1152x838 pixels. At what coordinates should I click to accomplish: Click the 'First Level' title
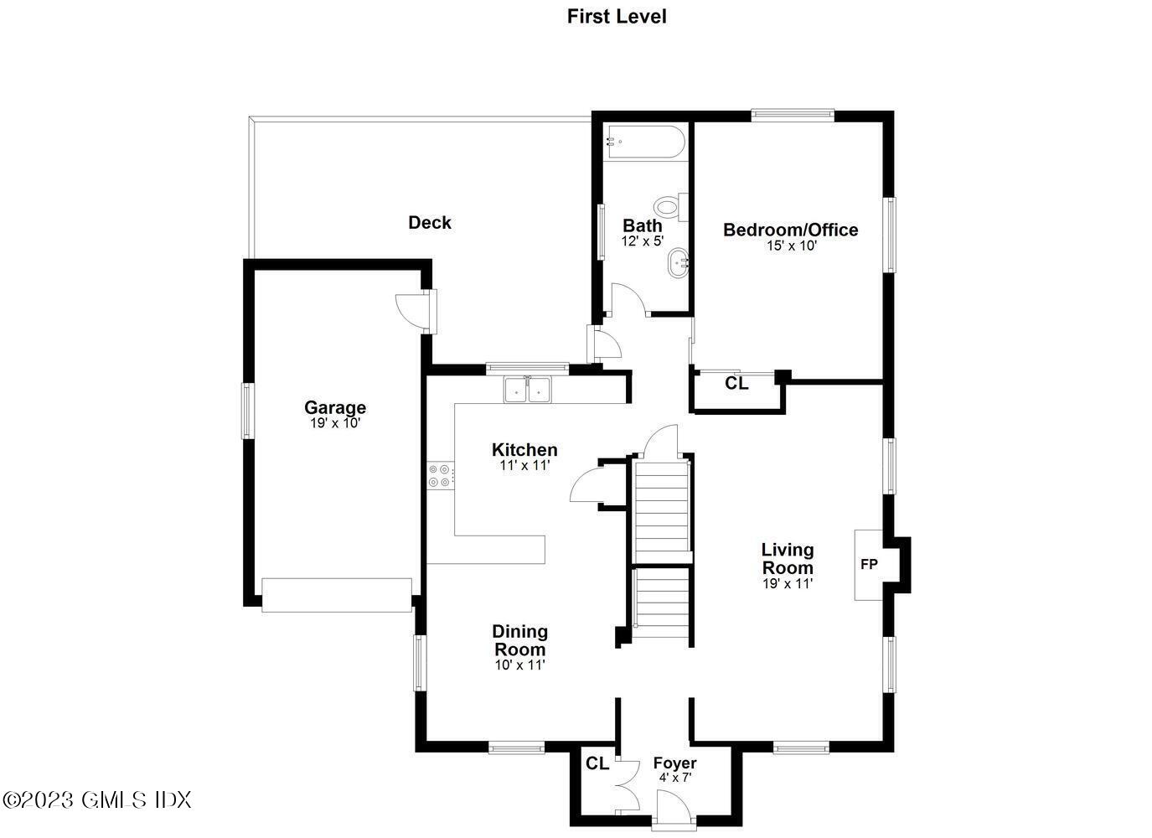pyautogui.click(x=617, y=16)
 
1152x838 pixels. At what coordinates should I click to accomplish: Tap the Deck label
pyautogui.click(x=430, y=222)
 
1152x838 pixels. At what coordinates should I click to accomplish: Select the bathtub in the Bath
pyautogui.click(x=644, y=142)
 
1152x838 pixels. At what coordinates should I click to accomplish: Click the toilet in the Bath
pyautogui.click(x=669, y=205)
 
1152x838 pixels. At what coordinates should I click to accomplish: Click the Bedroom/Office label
pyautogui.click(x=790, y=230)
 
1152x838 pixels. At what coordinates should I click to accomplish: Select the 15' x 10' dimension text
pyautogui.click(x=791, y=246)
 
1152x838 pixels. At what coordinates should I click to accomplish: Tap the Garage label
pyautogui.click(x=334, y=407)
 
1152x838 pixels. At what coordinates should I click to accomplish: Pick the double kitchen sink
pyautogui.click(x=527, y=390)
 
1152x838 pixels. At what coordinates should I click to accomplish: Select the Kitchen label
pyautogui.click(x=524, y=450)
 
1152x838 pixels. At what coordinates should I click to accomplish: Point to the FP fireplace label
pyautogui.click(x=870, y=565)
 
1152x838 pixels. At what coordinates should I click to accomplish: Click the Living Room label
pyautogui.click(x=787, y=559)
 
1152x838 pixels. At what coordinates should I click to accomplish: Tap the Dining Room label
pyautogui.click(x=519, y=640)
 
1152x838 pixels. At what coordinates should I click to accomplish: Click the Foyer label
pyautogui.click(x=674, y=763)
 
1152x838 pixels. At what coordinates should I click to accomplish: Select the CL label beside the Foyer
pyautogui.click(x=597, y=763)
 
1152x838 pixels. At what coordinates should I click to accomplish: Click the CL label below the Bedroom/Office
pyautogui.click(x=736, y=383)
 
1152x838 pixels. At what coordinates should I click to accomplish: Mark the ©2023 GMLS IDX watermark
pyautogui.click(x=97, y=799)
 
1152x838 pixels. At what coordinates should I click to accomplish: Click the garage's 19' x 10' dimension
pyautogui.click(x=334, y=423)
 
